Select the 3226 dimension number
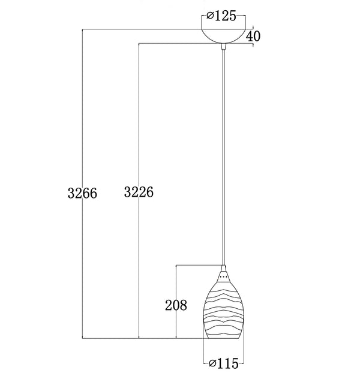point(139,192)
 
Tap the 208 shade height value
point(176,305)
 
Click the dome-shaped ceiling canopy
point(223,35)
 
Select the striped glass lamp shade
point(223,312)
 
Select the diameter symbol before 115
point(211,363)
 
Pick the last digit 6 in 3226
point(150,192)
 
